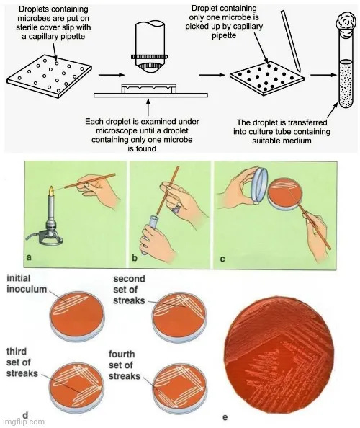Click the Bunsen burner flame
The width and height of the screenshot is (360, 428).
coord(51,192)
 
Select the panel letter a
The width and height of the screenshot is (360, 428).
coord(29,257)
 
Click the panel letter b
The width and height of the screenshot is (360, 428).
coord(135,257)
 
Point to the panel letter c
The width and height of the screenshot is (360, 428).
coord(222,259)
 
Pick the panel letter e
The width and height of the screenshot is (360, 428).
coord(225,417)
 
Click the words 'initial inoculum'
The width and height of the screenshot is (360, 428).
coord(27,284)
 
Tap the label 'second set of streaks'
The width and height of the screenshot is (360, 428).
coord(129,290)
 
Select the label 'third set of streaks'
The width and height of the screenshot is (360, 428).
coord(22,362)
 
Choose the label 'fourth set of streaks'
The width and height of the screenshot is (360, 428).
coord(125,365)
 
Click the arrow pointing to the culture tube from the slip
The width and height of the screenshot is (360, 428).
coord(324,75)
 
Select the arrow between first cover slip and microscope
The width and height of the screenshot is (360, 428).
coord(112,74)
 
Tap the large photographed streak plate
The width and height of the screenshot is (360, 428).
coord(282,355)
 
